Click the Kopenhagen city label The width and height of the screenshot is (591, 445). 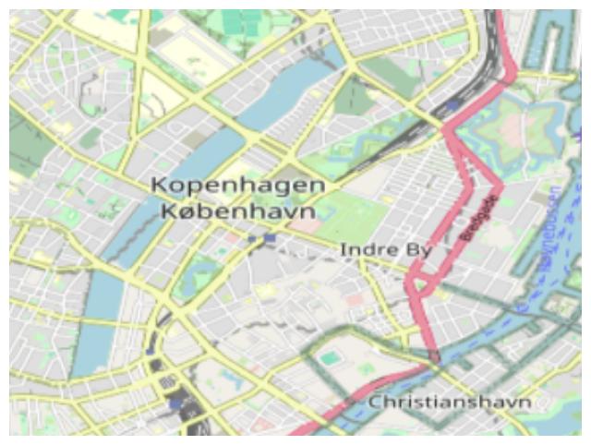[237, 186]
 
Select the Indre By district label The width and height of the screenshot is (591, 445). [372, 250]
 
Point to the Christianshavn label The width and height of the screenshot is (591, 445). [450, 403]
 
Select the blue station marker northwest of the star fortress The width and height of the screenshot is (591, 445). [452, 107]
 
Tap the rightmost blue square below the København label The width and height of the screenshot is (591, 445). [269, 238]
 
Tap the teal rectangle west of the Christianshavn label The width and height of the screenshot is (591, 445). [330, 357]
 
